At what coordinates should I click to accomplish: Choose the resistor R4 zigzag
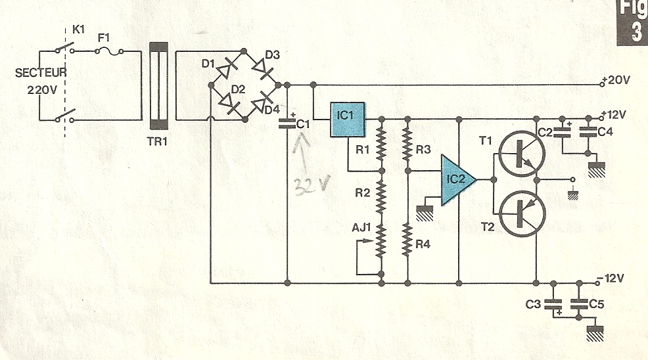tap(407, 240)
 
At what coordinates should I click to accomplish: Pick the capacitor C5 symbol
tap(579, 304)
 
